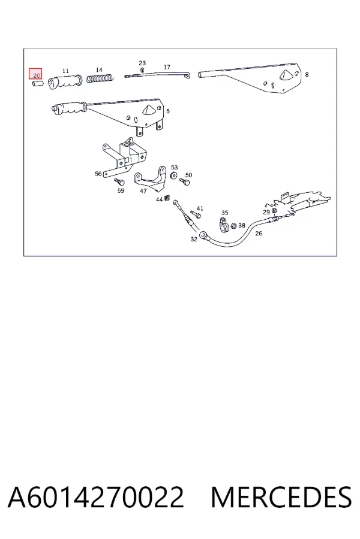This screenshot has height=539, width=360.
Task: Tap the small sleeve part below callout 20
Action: tap(37, 83)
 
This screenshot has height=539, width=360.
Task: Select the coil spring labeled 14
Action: tap(100, 78)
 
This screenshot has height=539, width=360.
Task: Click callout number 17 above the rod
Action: tap(167, 67)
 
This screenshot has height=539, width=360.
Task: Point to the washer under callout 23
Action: tap(142, 71)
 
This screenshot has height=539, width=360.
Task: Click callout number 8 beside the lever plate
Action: tap(307, 74)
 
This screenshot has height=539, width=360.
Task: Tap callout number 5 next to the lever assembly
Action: tap(168, 111)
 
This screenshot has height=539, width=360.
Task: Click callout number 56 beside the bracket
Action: tap(98, 174)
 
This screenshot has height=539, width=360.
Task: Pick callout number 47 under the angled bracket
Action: tap(143, 191)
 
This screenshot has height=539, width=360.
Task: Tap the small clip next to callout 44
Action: tap(167, 198)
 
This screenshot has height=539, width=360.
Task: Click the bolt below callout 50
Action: tap(185, 182)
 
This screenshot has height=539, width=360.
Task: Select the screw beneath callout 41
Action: tap(196, 214)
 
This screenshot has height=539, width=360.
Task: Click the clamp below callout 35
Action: tap(224, 225)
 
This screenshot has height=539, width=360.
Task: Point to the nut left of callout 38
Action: tap(233, 226)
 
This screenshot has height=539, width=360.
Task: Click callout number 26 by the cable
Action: tap(259, 234)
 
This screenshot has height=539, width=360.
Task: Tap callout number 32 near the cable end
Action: tap(194, 239)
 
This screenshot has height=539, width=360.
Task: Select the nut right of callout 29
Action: tap(275, 211)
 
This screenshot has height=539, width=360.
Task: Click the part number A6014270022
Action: tap(95, 498)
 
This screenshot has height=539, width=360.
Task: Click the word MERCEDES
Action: tap(281, 498)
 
